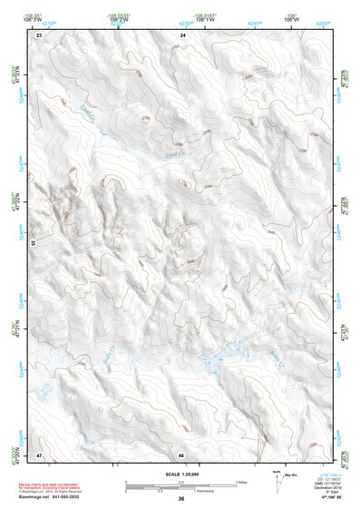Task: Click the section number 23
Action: click(x=39, y=34)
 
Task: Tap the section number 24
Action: click(x=182, y=34)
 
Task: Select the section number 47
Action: click(x=39, y=454)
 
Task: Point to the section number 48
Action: click(x=182, y=454)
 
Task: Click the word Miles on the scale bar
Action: click(x=241, y=482)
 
